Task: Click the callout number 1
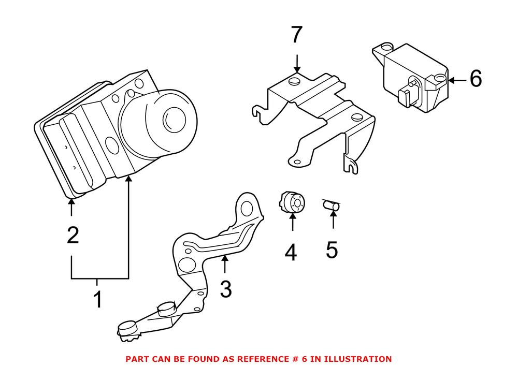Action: click(97, 299)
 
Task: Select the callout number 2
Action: click(73, 236)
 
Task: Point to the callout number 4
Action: click(291, 252)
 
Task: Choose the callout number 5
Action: click(332, 250)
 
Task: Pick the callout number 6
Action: click(476, 79)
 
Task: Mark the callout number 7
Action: click(296, 35)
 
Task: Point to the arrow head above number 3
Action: click(224, 259)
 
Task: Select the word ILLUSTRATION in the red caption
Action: click(361, 358)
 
